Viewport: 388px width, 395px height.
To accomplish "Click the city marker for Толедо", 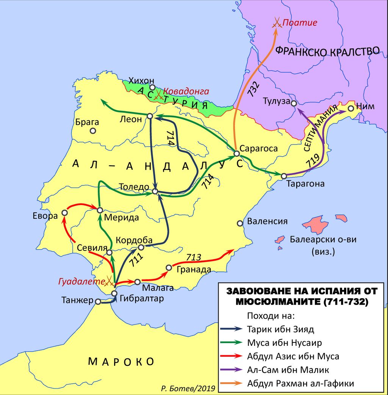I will coord(155,192).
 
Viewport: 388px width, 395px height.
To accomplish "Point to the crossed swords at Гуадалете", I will coord(110,280).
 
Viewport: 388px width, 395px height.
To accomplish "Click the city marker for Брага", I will coord(92,131).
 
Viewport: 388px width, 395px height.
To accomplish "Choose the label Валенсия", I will coord(267,221).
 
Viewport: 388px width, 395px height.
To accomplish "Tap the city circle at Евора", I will coord(64,213).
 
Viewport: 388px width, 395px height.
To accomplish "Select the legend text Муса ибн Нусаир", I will coord(285,343).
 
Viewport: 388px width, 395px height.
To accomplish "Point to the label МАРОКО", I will coord(121,361).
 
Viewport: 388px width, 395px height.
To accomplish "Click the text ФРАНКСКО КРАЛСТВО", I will coord(327,51).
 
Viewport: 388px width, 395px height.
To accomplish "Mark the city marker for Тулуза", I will coord(293,103).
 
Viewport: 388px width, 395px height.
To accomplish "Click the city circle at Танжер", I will coord(98,302).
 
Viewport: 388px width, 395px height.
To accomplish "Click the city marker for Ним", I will coord(350,108).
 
